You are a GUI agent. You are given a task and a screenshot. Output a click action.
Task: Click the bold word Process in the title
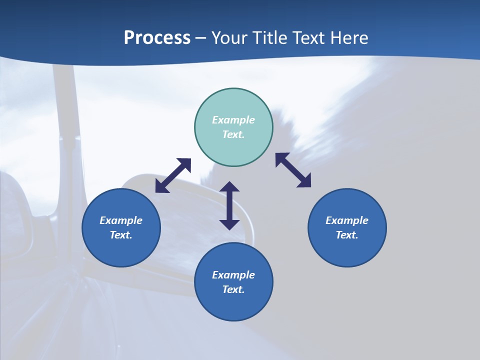point(157,38)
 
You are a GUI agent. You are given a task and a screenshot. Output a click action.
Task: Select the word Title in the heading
point(269,38)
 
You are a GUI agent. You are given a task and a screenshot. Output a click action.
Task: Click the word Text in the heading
point(309,38)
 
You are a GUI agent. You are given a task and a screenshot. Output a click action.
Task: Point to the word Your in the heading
point(229,38)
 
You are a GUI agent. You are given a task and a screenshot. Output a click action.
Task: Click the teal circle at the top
point(233,100)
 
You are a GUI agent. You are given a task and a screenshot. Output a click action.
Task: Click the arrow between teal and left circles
point(173,175)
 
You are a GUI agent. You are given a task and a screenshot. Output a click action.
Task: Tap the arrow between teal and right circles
point(293,170)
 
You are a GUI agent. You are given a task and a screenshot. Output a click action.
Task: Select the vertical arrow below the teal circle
point(229,205)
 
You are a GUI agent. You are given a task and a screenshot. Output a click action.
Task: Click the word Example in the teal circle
point(233,120)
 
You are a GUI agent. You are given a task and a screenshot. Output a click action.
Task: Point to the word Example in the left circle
point(121,220)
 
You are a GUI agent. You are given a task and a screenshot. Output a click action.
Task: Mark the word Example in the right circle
point(347,220)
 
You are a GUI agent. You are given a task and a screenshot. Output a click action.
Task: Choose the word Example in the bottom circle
point(233,275)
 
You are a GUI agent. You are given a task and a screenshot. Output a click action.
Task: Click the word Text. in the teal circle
point(233,134)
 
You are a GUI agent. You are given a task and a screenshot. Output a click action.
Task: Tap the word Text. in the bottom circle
point(233,289)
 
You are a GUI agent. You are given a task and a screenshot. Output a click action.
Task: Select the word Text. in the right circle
point(347,235)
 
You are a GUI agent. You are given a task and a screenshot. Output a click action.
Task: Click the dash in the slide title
point(200,38)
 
